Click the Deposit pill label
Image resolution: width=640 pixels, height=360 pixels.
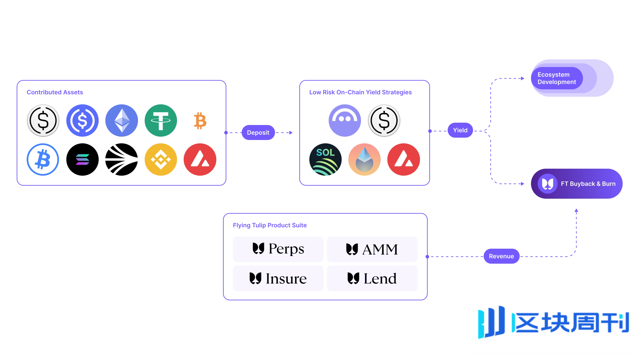258,133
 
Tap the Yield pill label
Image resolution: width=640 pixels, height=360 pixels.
460,130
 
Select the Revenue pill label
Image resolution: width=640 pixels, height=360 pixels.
501,256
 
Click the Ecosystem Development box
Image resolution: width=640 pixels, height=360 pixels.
572,78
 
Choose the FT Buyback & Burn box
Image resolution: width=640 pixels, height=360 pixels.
576,184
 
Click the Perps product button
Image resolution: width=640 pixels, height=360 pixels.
278,249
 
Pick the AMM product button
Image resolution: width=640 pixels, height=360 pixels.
372,249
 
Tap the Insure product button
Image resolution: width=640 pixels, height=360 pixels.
278,278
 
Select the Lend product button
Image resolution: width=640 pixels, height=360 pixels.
372,278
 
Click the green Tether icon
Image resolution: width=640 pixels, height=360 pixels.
161,120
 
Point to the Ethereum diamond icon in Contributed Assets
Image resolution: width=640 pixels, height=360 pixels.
122,120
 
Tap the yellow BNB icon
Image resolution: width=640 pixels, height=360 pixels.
161,159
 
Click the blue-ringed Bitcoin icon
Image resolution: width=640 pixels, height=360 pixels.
43,159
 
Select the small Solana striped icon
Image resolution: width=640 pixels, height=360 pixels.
82,159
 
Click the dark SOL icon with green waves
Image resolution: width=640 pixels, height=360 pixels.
325,159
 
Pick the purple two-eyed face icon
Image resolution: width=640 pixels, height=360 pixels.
345,120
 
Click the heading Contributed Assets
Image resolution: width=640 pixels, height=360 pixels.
55,92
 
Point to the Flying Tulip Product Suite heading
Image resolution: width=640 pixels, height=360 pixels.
270,225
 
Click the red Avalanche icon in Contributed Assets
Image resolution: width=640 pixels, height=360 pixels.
200,159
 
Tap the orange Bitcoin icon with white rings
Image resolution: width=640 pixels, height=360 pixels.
200,120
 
